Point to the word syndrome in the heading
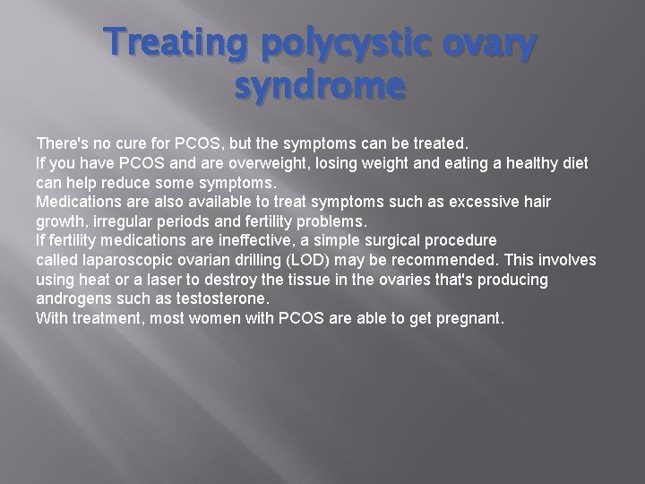pos(322,88)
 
